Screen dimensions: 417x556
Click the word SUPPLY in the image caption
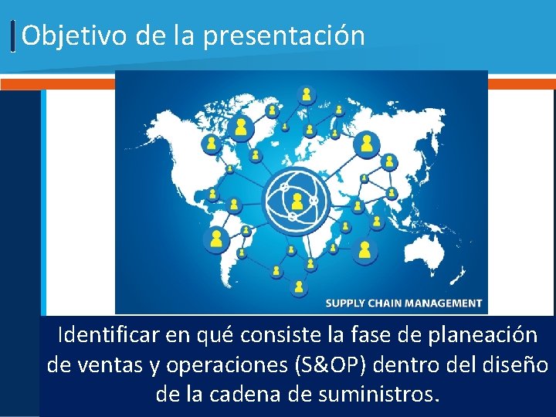347,303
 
